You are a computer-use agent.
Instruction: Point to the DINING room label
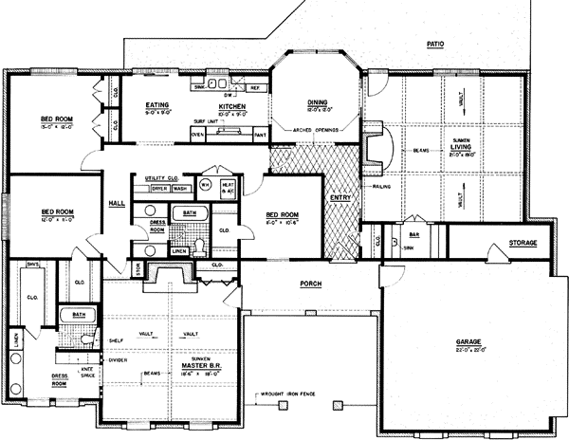(316, 105)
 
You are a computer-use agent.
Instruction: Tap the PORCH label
(310, 284)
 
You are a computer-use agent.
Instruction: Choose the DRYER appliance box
(158, 189)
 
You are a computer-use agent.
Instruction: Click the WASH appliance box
(179, 189)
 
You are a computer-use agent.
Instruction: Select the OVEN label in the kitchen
(197, 135)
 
